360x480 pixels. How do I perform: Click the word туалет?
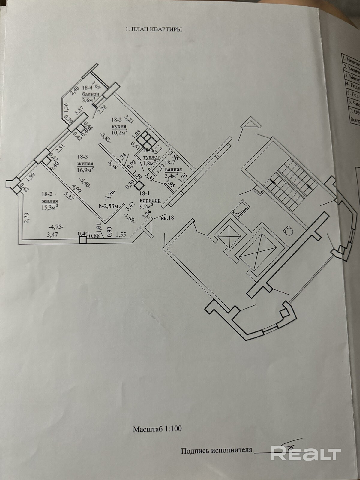(x=151, y=157)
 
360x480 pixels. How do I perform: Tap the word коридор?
(x=150, y=200)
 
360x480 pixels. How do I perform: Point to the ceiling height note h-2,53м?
(x=104, y=205)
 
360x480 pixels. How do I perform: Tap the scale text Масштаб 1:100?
(x=157, y=429)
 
